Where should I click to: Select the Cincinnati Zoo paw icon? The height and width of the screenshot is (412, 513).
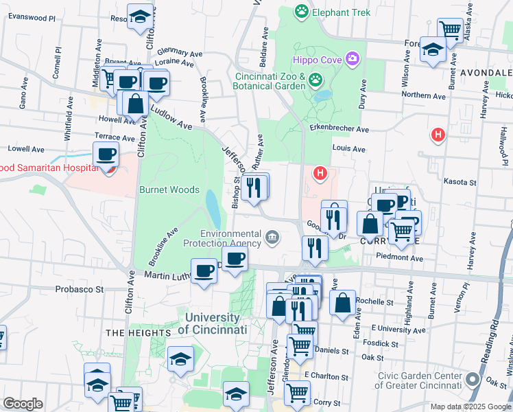[315, 80]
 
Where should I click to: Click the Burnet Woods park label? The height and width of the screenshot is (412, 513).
[169, 190]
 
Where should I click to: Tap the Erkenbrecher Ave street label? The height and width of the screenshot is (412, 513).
[339, 129]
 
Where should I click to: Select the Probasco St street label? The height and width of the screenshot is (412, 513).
[79, 289]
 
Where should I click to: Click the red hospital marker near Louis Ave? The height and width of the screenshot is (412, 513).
[437, 135]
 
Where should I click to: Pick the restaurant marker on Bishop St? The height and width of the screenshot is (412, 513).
[254, 186]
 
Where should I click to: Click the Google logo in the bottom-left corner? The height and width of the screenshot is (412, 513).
[23, 404]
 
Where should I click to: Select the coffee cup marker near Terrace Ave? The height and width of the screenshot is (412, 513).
[106, 154]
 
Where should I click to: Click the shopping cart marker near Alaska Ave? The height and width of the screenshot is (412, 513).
[450, 30]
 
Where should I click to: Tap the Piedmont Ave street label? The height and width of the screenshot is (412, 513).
[400, 258]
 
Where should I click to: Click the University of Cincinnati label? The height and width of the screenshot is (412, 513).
[212, 323]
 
